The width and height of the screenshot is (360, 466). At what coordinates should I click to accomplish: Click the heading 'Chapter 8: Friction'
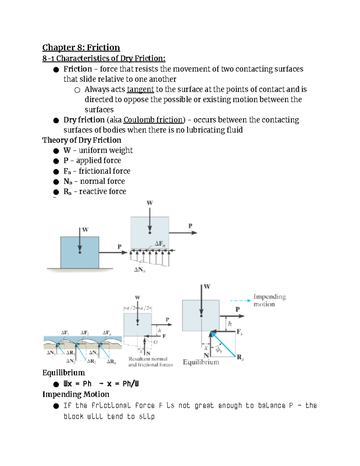click(x=81, y=47)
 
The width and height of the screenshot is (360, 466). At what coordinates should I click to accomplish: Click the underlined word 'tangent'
click(x=140, y=89)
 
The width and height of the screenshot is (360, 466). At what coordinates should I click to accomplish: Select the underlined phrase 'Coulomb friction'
click(x=153, y=120)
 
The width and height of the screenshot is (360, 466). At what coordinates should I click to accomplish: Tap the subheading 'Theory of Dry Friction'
click(x=82, y=140)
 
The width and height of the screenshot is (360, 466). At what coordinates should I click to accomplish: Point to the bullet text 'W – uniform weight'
click(x=98, y=150)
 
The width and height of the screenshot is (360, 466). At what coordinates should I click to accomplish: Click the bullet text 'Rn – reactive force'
click(x=94, y=191)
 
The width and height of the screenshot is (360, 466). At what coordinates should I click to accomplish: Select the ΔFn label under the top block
click(x=160, y=244)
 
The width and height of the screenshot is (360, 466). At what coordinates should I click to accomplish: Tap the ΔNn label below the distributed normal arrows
click(x=139, y=270)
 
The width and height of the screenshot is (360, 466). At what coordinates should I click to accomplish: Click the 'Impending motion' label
click(x=269, y=300)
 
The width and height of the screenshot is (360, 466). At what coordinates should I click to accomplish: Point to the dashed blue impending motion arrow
click(x=240, y=300)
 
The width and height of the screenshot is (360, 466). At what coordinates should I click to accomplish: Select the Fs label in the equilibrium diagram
click(x=239, y=332)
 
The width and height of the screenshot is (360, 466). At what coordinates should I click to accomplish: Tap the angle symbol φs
click(x=219, y=350)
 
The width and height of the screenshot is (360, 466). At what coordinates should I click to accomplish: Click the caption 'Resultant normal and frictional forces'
click(x=151, y=362)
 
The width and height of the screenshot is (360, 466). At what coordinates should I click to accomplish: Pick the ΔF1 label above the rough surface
click(x=65, y=333)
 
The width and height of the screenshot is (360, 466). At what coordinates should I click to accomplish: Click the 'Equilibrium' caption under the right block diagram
click(x=201, y=362)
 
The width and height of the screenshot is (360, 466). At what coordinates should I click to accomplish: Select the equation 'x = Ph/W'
click(x=123, y=384)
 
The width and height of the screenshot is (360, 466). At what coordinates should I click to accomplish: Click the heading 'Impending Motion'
click(x=76, y=394)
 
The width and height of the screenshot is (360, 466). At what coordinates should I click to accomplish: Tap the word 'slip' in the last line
click(x=147, y=416)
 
